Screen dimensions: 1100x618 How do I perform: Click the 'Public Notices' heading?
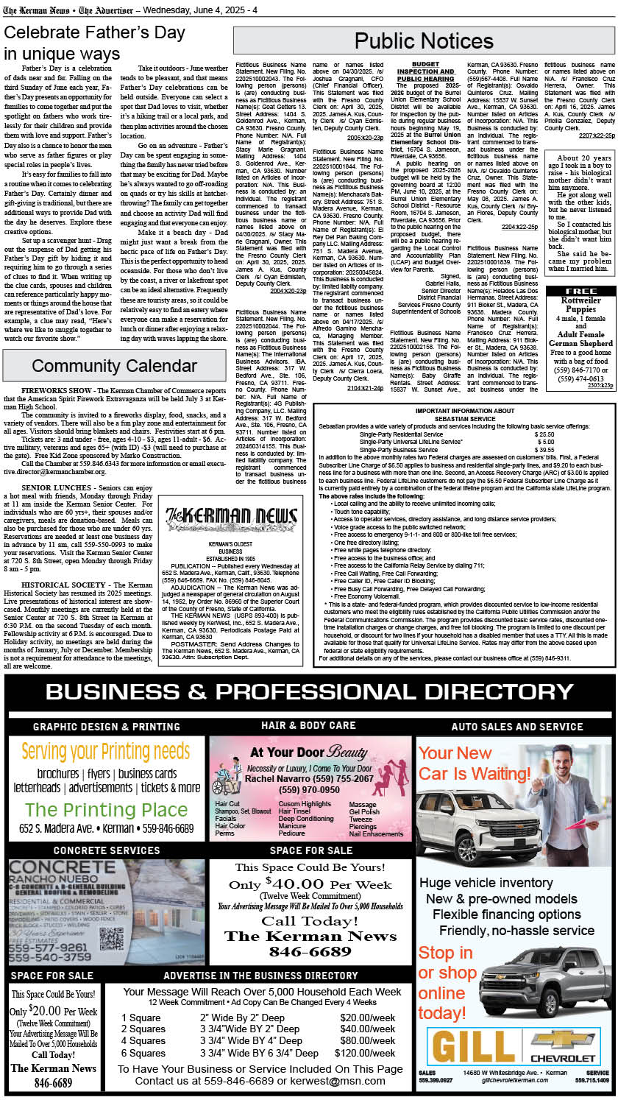point(425,40)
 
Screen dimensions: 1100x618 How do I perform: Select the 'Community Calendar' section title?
point(114,366)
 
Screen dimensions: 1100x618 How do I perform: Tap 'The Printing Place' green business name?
point(106,810)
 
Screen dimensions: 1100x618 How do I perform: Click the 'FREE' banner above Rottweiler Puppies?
point(580,291)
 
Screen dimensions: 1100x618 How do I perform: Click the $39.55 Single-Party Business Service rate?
point(544,449)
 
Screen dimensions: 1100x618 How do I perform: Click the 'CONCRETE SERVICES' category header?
point(106,850)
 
